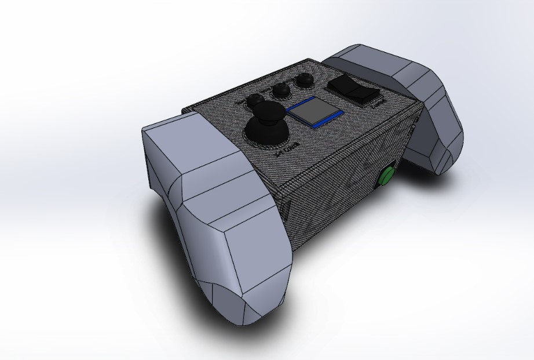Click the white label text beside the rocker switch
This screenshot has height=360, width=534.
378,103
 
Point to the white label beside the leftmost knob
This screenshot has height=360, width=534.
241,102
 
